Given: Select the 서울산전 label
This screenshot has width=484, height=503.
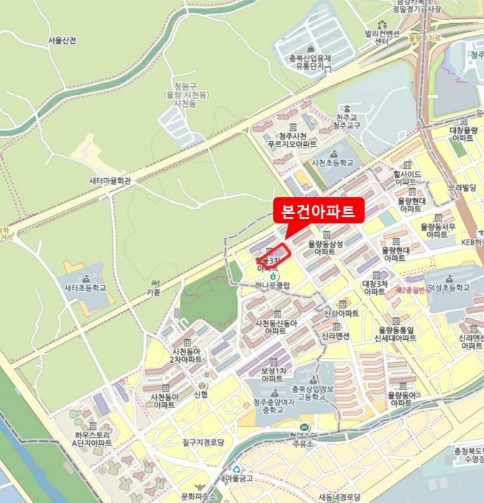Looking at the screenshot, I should (63, 40).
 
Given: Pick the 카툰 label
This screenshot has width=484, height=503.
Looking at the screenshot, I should (153, 292).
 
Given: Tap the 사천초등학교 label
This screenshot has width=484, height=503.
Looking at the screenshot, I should (333, 163).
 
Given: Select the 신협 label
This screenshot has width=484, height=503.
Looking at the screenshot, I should (202, 394).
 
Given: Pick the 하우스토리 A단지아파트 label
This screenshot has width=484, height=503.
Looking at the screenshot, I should (92, 439).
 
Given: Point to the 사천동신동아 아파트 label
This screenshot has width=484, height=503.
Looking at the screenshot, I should (276, 326).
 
